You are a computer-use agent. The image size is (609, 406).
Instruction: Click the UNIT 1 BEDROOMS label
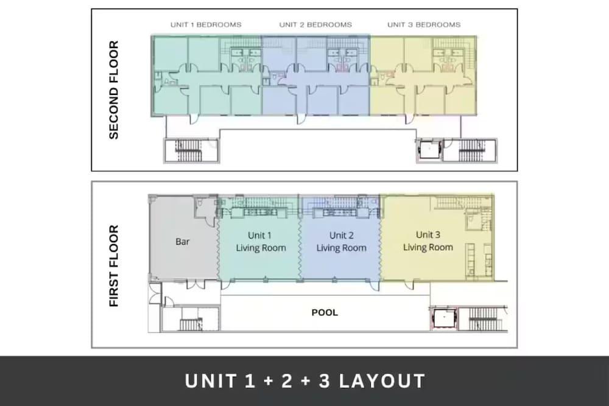[206, 25]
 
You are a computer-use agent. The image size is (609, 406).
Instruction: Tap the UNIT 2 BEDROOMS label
[315, 25]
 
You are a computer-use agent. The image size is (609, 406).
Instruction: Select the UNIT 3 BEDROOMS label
[424, 25]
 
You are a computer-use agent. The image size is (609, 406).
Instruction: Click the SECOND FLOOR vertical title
[113, 89]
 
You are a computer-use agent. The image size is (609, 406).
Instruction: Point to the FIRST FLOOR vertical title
[113, 266]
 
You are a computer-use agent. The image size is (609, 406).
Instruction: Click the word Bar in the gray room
[182, 242]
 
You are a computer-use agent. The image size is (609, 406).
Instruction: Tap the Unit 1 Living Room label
[261, 242]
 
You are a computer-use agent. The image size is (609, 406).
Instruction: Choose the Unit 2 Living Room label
[342, 242]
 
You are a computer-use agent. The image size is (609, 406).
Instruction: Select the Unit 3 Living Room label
[428, 240]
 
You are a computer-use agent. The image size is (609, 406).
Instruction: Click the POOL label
[325, 312]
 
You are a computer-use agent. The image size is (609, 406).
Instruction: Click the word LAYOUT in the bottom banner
[382, 381]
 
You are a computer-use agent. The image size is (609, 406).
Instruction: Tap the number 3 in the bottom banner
[325, 381]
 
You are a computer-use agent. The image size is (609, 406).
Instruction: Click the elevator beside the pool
[444, 318]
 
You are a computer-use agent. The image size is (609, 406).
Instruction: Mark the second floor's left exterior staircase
[189, 151]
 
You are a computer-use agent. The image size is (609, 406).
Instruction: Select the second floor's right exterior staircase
[470, 150]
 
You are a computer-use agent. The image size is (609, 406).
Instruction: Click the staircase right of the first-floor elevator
[484, 319]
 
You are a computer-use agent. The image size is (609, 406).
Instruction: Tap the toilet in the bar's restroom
[200, 203]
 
